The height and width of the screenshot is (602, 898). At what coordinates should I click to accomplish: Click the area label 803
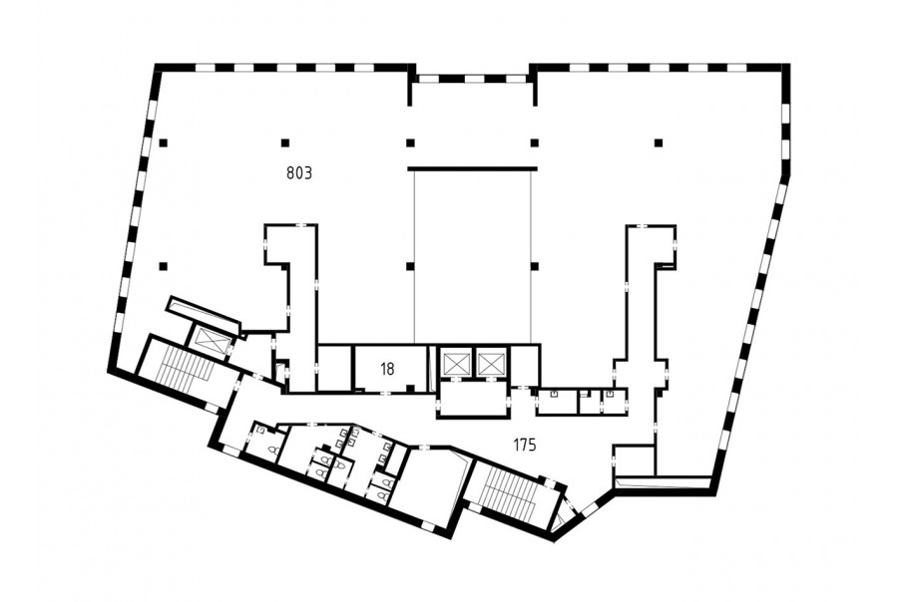pos(299,172)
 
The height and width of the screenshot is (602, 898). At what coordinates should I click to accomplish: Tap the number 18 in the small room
pos(387,369)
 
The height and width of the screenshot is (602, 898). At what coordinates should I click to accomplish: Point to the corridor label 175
pos(525,445)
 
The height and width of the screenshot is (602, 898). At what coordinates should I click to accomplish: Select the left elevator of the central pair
pos(455,362)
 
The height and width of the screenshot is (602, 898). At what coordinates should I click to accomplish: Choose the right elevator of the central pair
pos(491,362)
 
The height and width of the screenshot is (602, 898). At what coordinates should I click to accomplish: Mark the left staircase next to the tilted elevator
pos(178,370)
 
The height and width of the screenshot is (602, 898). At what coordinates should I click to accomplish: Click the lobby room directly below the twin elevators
pos(473,400)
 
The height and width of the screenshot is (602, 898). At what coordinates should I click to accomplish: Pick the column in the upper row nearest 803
pos(284,143)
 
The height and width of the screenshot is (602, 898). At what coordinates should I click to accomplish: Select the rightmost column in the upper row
pos(659,143)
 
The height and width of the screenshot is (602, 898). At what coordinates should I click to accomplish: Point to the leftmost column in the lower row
pos(164,265)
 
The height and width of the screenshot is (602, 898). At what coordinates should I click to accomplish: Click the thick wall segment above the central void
pos(473,168)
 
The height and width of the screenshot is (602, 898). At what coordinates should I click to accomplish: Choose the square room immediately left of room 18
pos(334,368)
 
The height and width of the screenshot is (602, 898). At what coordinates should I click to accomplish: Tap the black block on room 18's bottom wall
pos(410,389)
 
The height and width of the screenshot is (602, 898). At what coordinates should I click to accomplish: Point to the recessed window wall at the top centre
pos(473,79)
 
